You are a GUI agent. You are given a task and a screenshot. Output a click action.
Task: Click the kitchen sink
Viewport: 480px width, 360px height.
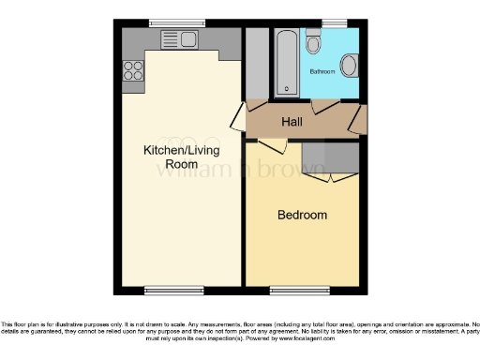[x=178, y=38]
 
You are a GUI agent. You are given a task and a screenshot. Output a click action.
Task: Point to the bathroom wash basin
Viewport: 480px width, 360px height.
[x=348, y=65]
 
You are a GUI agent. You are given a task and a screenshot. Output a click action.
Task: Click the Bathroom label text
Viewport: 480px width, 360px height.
[x=323, y=70]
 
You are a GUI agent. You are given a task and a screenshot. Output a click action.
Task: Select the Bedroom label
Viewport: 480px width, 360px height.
[x=302, y=215]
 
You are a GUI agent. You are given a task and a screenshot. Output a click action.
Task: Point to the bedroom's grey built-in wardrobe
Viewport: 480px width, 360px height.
[x=331, y=157]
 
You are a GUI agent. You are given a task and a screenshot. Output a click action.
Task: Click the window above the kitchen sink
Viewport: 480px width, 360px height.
[x=177, y=22]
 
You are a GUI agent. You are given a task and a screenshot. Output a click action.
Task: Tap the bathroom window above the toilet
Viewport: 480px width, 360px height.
[x=331, y=22]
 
